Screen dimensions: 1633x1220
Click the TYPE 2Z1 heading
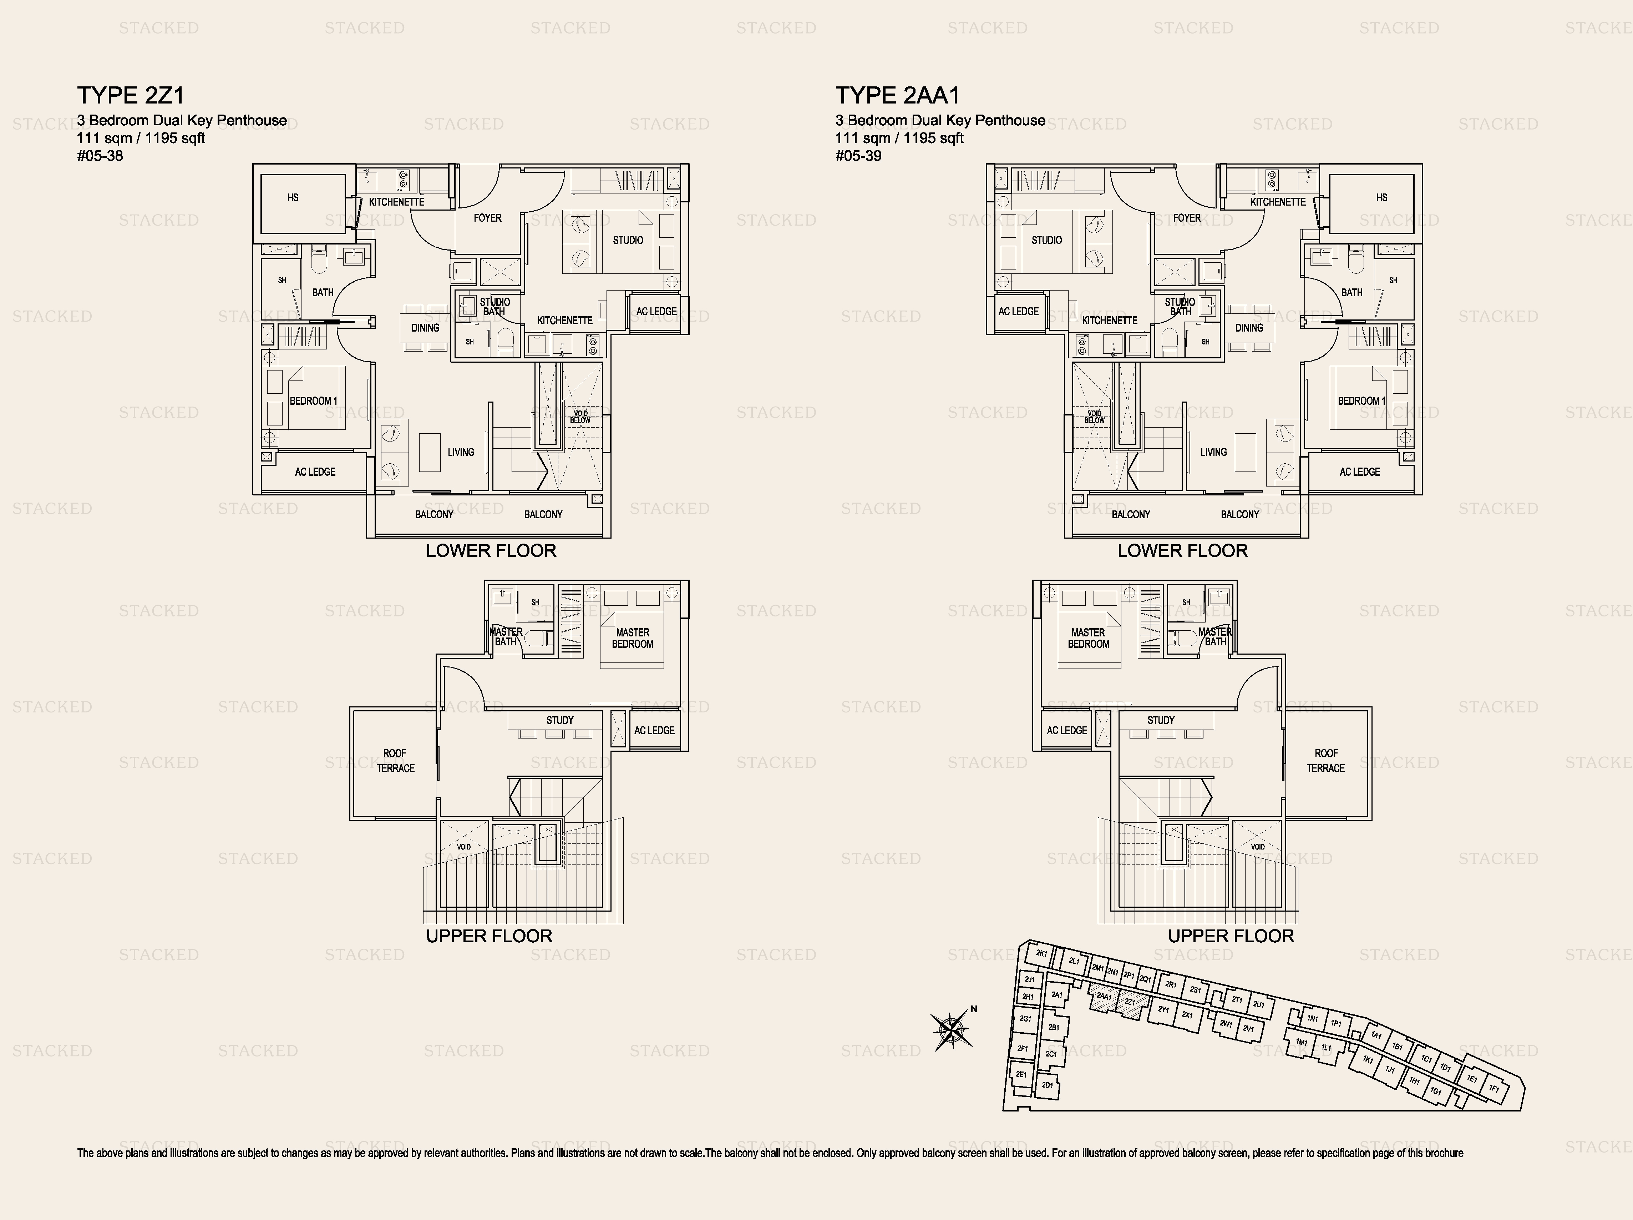[x=131, y=95]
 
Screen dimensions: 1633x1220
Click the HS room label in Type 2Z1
[x=293, y=198]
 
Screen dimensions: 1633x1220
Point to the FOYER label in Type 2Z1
[x=487, y=218]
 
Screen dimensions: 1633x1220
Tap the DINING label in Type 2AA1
[x=1249, y=328]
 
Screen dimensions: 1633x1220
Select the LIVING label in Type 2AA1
[x=1214, y=452]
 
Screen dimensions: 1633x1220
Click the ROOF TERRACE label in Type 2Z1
[x=395, y=761]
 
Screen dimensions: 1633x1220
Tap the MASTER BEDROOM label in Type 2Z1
[x=633, y=638]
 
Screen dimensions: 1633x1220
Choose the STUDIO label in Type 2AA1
[x=1047, y=240]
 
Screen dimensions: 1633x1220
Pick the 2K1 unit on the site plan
[x=1042, y=953]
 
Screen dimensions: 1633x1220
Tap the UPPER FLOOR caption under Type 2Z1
[x=489, y=937]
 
